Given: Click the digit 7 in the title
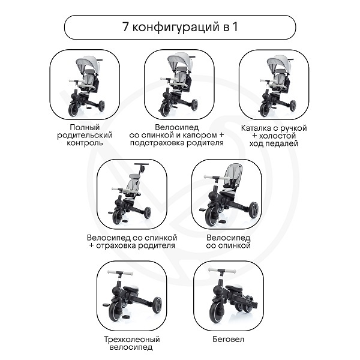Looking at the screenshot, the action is click(x=125, y=27).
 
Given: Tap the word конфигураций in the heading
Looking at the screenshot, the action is click(x=176, y=28).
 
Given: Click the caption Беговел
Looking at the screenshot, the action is click(x=228, y=339).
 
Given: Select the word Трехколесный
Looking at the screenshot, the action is click(x=132, y=340).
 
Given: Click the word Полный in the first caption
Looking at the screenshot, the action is click(x=85, y=127).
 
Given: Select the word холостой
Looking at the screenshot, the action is click(x=277, y=136).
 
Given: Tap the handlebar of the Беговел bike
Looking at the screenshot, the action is click(x=222, y=271).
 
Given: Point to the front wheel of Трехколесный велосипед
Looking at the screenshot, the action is click(x=117, y=310).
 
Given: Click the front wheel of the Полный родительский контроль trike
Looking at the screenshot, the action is click(x=73, y=109).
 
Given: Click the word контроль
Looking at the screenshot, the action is click(x=85, y=143).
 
